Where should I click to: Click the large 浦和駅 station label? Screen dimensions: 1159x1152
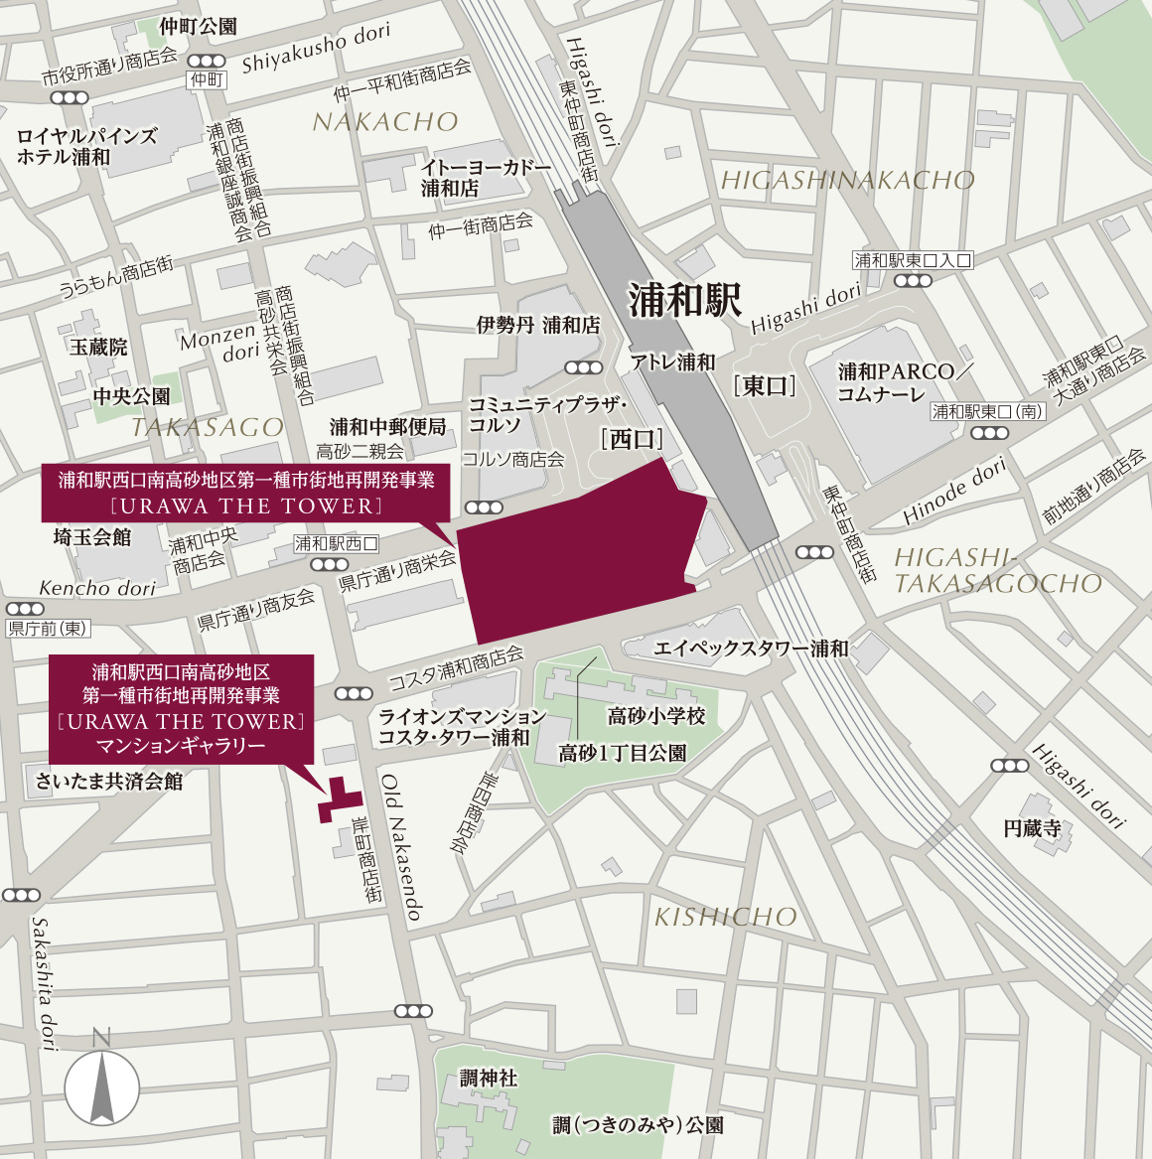[x=685, y=300]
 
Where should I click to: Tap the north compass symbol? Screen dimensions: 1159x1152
[x=102, y=1087]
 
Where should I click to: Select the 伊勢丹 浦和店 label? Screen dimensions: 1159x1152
[x=538, y=325]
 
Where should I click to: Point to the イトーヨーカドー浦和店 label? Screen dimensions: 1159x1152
[x=486, y=178]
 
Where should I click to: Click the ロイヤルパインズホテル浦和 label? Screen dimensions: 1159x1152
[x=87, y=146]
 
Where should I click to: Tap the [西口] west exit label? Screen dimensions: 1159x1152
[x=632, y=439]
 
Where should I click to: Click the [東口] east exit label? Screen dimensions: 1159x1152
[x=765, y=386]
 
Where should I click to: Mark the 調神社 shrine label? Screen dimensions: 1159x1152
[x=488, y=1078]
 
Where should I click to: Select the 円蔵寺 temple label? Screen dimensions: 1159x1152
[x=1032, y=828]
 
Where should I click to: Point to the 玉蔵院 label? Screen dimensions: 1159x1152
[x=98, y=347]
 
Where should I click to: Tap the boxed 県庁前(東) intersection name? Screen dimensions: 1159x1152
[x=49, y=629]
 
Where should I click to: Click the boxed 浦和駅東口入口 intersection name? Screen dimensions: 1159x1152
[x=913, y=260]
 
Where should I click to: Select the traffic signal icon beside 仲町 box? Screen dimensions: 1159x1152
[x=206, y=62]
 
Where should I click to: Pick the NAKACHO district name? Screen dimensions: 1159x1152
[x=385, y=122]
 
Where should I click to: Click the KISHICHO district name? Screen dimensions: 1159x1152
[x=725, y=917]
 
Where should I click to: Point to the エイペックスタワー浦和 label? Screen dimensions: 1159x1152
[x=751, y=649]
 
